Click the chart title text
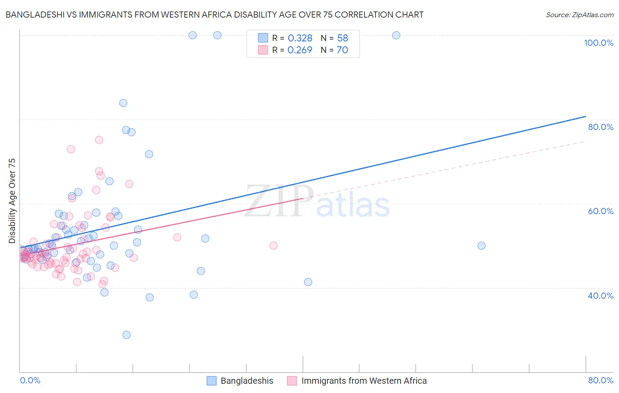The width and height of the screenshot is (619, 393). pos(214,15)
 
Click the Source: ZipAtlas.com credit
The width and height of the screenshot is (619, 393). pos(579,15)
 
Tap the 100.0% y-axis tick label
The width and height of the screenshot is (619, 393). pos(598,43)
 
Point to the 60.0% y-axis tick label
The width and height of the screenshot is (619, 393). pos(601,211)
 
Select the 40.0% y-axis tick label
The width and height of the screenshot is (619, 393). pos(601,296)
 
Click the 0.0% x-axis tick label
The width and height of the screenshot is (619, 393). pos(30,380)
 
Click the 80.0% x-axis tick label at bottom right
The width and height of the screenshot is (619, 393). pos(601,380)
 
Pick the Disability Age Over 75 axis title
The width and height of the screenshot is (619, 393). pos(12,201)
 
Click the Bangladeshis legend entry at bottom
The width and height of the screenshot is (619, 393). pos(247,381)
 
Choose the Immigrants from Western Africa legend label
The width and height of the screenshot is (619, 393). pos(364,381)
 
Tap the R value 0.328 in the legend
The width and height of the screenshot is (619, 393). pos(300,38)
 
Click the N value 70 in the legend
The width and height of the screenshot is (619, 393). pos(342,50)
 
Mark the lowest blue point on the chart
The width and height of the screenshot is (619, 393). pos(126,335)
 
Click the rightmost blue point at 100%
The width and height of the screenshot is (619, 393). pos(396,35)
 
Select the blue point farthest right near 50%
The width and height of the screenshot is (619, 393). pos(482,246)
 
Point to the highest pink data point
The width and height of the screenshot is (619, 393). pos(99,140)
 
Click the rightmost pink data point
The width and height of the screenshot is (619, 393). pos(273,246)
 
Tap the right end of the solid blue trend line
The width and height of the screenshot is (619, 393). pos(586,116)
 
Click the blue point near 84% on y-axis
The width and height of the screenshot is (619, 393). pos(123,103)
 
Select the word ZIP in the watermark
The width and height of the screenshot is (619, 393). pos(279,201)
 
